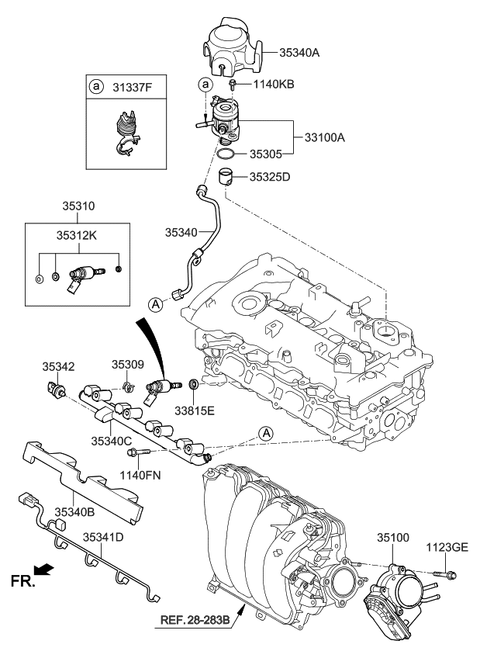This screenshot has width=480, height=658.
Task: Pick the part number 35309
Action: coord(127,363)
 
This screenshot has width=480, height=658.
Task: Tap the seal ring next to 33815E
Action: coord(193,386)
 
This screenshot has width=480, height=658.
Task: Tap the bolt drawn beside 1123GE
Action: coord(447,574)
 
